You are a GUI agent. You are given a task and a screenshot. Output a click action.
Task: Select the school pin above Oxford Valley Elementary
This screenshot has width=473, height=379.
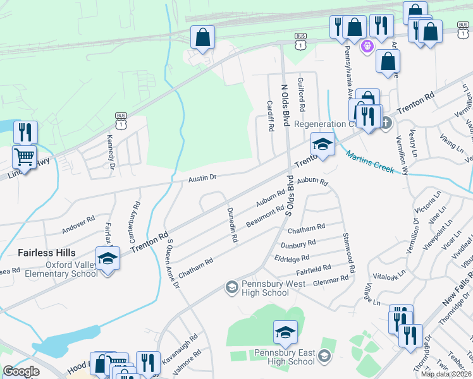[107, 258]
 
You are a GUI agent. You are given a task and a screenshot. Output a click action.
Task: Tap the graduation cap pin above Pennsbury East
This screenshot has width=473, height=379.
[285, 332]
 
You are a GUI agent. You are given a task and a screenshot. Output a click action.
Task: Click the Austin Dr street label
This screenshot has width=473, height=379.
[202, 178]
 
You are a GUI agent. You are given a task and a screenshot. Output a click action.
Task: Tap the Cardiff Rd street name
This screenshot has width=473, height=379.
[270, 116]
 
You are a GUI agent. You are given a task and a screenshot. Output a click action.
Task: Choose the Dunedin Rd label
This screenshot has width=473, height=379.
[232, 226]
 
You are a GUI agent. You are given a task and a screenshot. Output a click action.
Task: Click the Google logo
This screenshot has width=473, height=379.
[21, 371]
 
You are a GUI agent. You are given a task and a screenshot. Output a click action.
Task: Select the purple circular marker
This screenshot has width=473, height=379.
[366, 46]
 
